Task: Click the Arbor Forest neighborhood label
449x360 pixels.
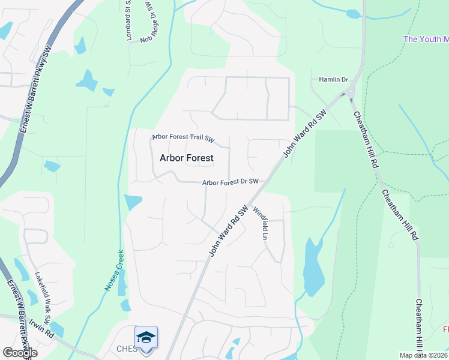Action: [186, 158]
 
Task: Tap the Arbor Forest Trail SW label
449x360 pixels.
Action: [183, 138]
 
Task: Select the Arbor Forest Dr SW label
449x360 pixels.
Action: [230, 182]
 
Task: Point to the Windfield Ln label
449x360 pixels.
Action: [259, 223]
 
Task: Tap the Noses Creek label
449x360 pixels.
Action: [114, 271]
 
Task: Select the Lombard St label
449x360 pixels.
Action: [128, 21]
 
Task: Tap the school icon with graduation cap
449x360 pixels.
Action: [146, 338]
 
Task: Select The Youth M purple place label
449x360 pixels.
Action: [426, 39]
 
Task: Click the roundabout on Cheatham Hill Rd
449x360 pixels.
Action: [349, 93]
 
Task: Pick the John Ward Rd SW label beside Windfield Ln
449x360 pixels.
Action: [229, 232]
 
